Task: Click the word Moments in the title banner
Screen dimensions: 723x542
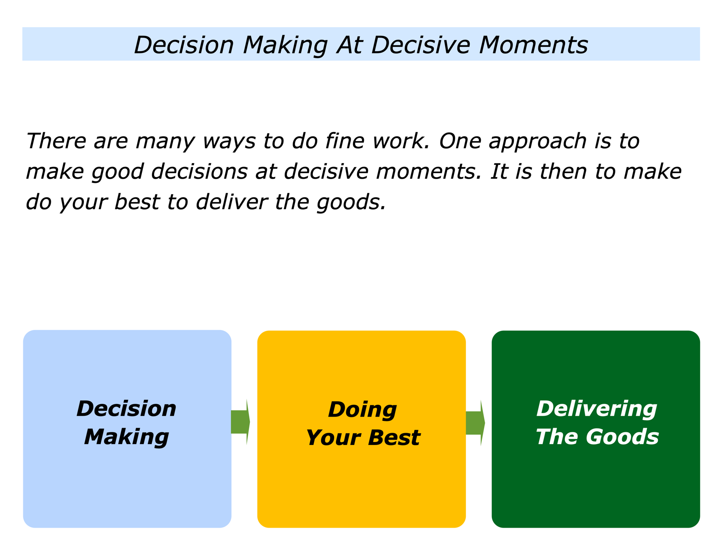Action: [533, 44]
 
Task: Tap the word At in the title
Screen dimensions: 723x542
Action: [349, 44]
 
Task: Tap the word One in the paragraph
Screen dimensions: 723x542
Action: [460, 141]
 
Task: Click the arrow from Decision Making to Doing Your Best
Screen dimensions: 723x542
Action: [240, 422]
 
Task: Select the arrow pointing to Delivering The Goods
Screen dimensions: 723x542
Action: [475, 423]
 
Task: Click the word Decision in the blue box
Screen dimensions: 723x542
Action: [127, 409]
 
